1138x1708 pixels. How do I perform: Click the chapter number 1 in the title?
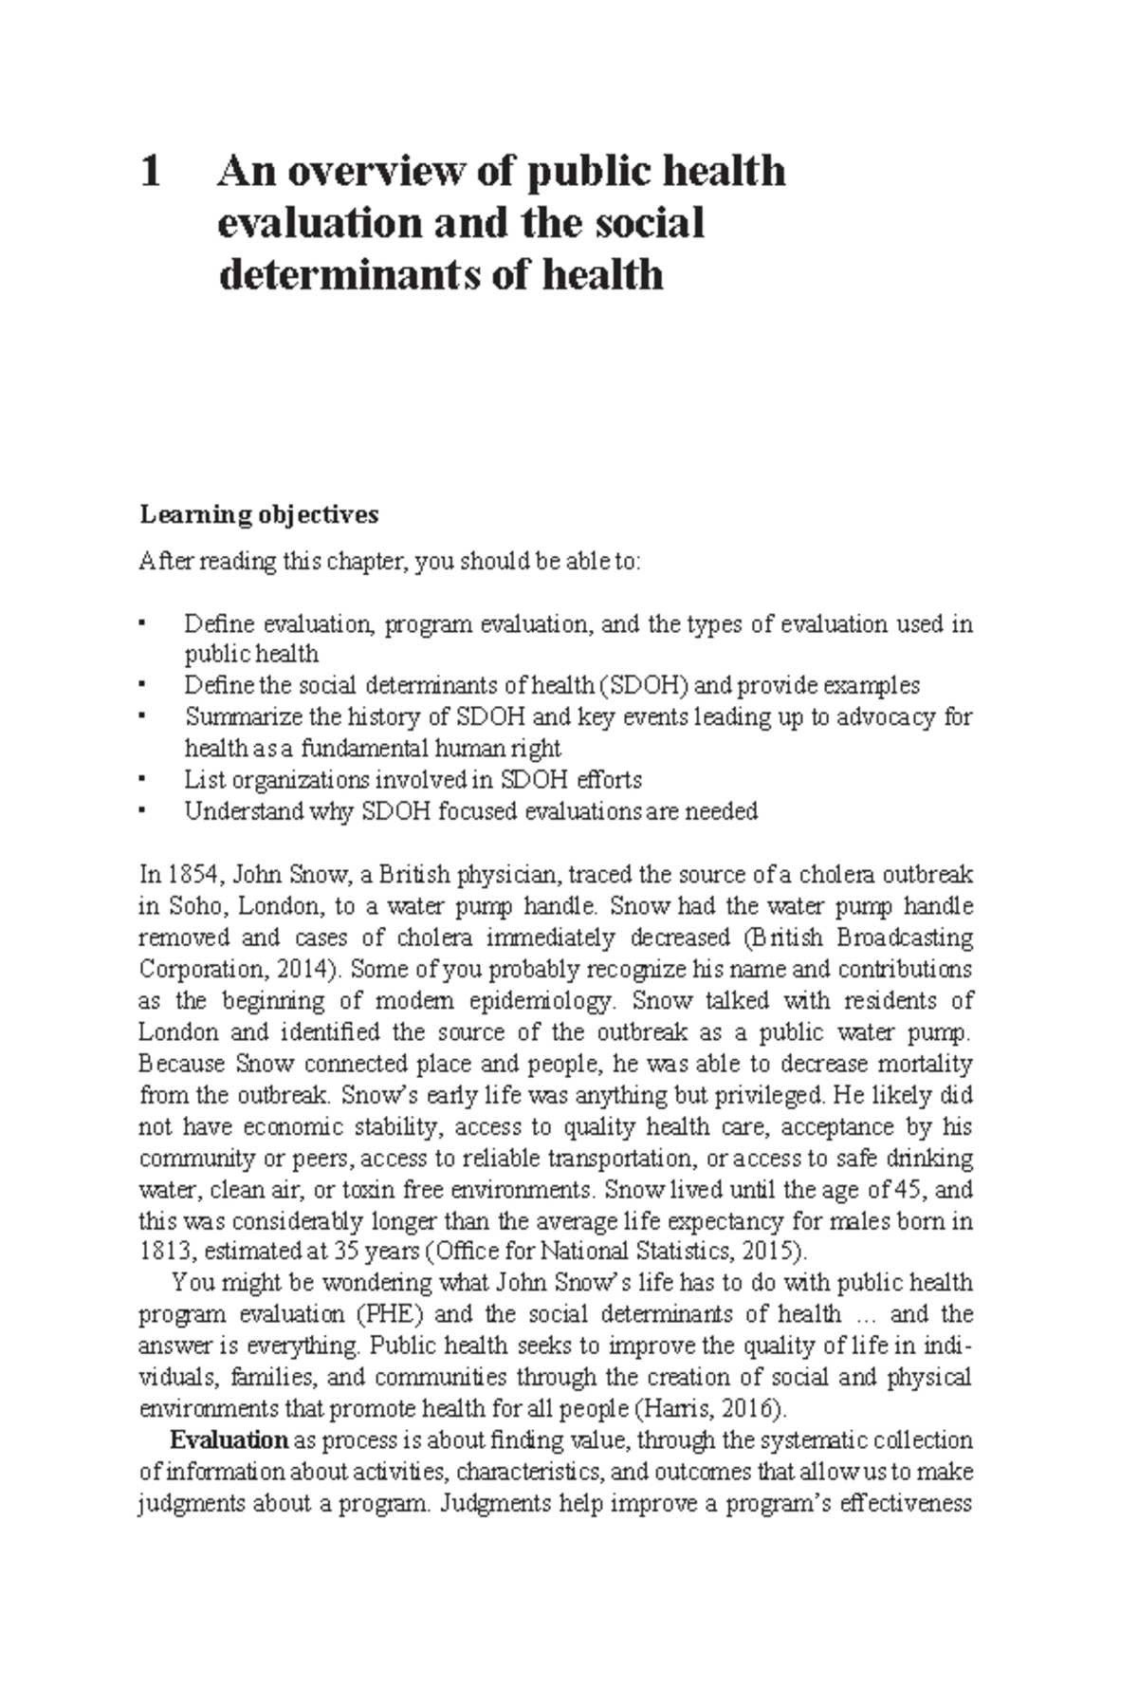[150, 174]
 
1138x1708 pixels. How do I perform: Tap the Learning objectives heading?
[259, 515]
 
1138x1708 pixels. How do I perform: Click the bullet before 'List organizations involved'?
[142, 780]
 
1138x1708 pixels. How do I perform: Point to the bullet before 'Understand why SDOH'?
[142, 812]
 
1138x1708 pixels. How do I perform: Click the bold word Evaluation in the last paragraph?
[229, 1440]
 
